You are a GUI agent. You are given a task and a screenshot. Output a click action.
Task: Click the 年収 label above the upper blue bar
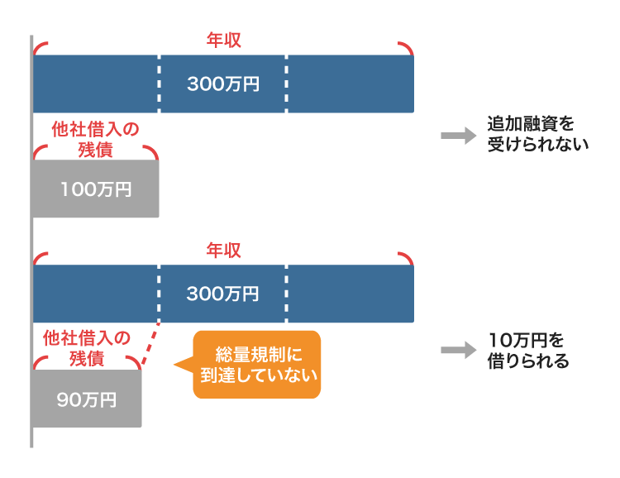point(223,40)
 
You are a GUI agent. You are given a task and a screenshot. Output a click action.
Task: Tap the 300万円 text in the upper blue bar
point(223,84)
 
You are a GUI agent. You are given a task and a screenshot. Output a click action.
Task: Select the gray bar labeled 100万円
point(95,189)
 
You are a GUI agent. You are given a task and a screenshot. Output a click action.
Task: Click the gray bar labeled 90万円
point(87,399)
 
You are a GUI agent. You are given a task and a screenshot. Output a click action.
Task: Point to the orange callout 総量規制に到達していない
point(256,365)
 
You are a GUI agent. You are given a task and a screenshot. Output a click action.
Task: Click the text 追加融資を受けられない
point(537,133)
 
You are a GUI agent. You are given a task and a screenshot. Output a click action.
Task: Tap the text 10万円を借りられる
point(528,351)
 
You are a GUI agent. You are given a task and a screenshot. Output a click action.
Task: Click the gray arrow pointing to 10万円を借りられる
point(453,351)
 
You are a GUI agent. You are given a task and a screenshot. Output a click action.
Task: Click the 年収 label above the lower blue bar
point(223,250)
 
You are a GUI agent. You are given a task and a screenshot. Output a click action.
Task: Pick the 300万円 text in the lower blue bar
point(223,294)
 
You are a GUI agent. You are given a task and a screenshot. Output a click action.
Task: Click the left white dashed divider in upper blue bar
point(159,84)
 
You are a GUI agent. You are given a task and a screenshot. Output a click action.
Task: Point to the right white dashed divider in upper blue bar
point(286,84)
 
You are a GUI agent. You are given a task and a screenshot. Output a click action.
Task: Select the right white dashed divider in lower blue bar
point(286,294)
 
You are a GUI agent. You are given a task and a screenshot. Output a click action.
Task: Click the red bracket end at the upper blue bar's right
point(406,46)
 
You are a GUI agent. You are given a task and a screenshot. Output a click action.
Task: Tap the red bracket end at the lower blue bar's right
point(406,256)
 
